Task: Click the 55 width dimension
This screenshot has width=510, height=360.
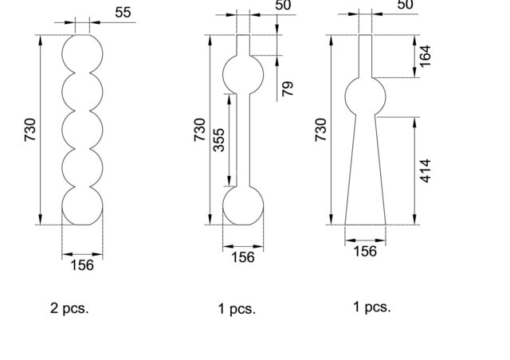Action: [123, 13]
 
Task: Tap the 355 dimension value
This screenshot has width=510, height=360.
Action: [219, 140]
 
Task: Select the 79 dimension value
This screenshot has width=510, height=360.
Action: [288, 88]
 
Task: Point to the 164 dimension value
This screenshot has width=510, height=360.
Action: [426, 57]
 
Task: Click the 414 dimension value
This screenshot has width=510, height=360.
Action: [426, 171]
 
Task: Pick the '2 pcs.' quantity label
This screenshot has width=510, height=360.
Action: [69, 308]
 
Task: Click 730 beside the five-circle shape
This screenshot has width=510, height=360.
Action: [30, 130]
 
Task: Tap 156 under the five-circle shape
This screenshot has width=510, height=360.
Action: [82, 265]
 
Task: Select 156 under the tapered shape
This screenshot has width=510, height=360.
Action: [365, 251]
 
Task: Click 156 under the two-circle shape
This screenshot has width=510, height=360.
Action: [243, 257]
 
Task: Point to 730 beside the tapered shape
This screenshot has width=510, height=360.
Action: [320, 130]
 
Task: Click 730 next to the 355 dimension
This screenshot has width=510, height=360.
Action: [200, 130]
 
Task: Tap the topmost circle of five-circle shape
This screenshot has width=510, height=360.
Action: [62, 54]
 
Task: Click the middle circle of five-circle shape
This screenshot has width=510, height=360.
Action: [62, 130]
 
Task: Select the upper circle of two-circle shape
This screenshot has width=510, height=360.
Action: [223, 75]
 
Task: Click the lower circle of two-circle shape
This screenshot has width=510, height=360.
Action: [223, 205]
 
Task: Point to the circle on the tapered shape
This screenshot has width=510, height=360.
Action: [345, 96]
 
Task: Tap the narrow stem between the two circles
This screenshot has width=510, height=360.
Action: [237, 140]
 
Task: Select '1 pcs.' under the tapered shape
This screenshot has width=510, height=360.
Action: [372, 307]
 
